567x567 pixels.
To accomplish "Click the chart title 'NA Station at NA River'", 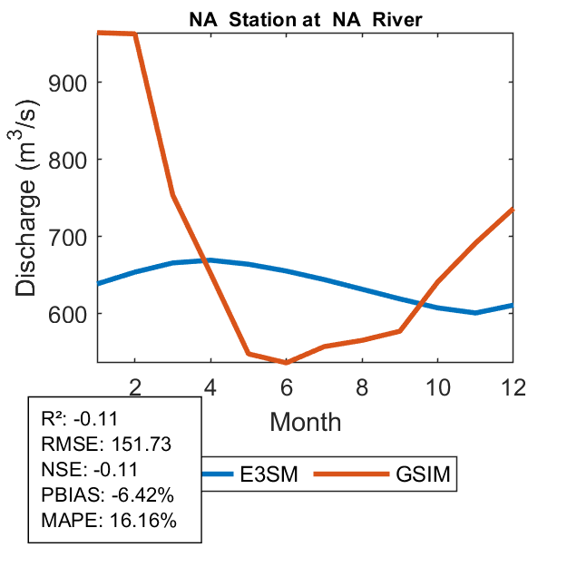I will (x=305, y=18).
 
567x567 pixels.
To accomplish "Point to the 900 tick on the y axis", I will (x=73, y=83).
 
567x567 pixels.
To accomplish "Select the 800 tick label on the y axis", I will (x=73, y=160).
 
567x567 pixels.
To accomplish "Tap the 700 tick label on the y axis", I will (x=73, y=237).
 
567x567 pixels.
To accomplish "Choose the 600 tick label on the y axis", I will (x=73, y=314).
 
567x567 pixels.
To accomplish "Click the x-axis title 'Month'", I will (x=305, y=422).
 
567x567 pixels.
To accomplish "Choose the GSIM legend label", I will (x=423, y=474).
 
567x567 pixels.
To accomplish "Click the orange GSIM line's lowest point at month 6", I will (x=287, y=363).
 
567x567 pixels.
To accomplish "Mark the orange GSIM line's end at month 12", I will (x=513, y=209).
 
